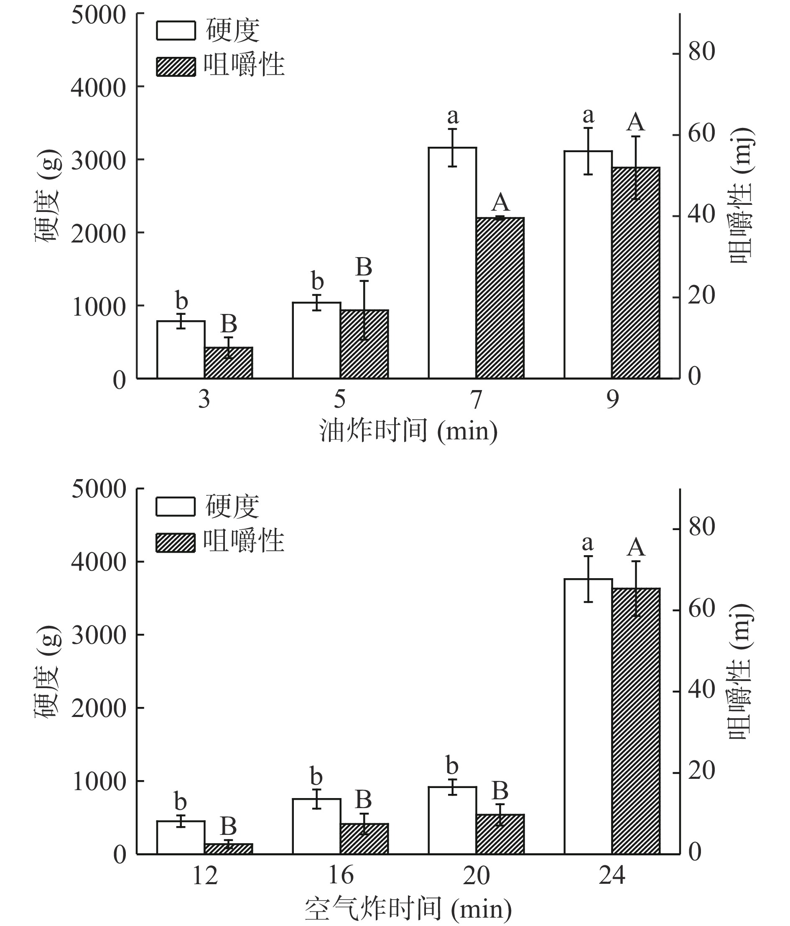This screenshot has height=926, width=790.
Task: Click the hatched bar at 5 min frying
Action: [364, 344]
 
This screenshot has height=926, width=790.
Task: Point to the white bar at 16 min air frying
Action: [316, 827]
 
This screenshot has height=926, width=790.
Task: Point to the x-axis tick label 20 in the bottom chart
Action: [476, 875]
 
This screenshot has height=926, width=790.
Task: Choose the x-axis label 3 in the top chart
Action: [204, 399]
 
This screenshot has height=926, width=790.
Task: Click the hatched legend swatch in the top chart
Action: [176, 67]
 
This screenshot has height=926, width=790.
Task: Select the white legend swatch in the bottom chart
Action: [176, 507]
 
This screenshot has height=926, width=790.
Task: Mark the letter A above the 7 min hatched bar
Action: [500, 202]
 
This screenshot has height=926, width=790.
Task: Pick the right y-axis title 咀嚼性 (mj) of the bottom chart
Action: [741, 671]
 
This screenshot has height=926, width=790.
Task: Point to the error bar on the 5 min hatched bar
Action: [364, 310]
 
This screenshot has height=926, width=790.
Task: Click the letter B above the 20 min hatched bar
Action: [500, 791]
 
